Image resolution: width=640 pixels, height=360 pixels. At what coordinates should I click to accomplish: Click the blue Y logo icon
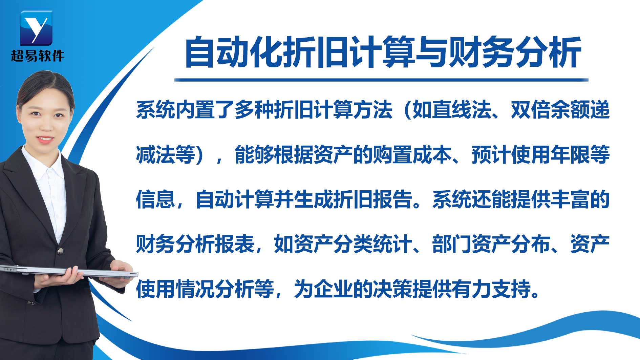(x=36, y=28)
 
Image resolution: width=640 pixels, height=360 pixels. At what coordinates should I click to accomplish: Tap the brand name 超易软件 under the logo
(x=37, y=56)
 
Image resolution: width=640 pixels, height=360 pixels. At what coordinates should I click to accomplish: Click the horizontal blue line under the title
(x=381, y=80)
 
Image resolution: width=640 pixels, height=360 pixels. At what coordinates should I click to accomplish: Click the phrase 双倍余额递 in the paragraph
(x=560, y=110)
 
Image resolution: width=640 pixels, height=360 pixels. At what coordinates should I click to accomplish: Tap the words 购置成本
(x=412, y=154)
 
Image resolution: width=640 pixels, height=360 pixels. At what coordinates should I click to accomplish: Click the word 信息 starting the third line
(x=155, y=199)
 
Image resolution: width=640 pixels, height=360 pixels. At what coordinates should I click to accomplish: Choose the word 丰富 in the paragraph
(x=570, y=199)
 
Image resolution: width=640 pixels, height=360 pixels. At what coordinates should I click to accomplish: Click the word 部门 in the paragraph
(x=452, y=244)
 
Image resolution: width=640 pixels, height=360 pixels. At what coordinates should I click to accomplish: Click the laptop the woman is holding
(x=68, y=270)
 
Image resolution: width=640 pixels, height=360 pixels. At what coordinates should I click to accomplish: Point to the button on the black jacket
(x=60, y=251)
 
